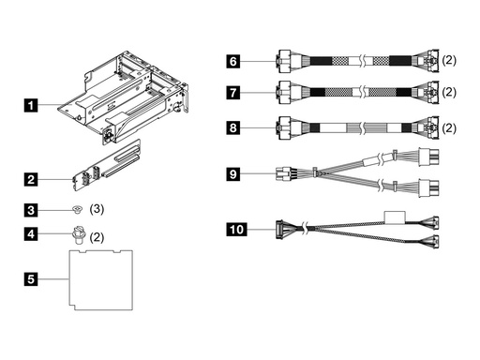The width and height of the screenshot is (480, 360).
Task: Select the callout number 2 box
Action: [x=32, y=178]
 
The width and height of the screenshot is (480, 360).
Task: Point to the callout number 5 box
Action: [x=32, y=278]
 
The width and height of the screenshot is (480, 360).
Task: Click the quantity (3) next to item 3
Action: [x=97, y=208]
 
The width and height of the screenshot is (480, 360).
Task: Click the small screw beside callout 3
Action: [x=78, y=209]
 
